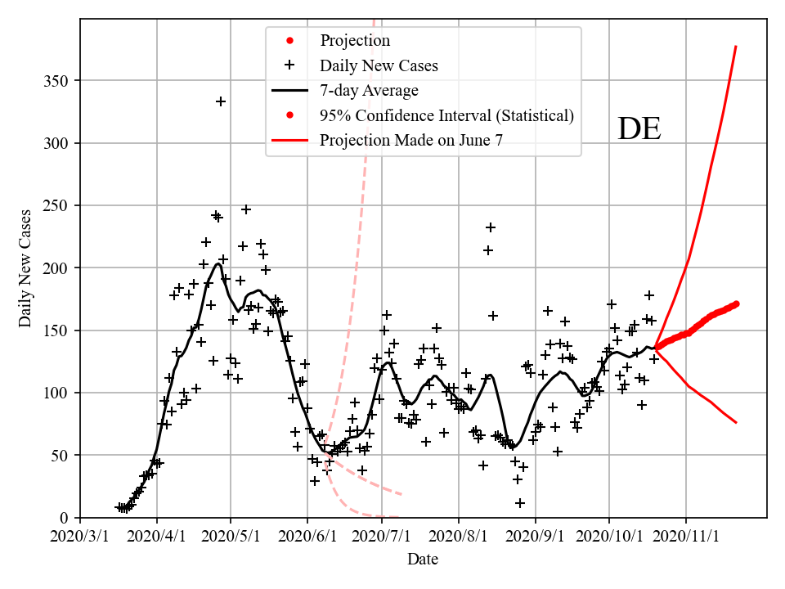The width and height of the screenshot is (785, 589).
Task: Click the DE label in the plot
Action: pyautogui.click(x=639, y=129)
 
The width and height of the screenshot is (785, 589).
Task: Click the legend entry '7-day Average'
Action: pyautogui.click(x=369, y=90)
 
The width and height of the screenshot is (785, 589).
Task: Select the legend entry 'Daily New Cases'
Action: pyautogui.click(x=379, y=65)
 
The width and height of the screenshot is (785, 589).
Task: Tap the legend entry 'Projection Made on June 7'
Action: pyautogui.click(x=410, y=140)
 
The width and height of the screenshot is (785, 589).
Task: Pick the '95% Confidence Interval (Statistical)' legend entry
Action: pyautogui.click(x=446, y=115)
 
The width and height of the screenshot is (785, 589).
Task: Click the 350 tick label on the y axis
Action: pyautogui.click(x=57, y=81)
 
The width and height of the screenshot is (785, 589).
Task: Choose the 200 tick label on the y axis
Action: pyautogui.click(x=57, y=268)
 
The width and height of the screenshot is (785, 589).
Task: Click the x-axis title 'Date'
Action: pyautogui.click(x=423, y=560)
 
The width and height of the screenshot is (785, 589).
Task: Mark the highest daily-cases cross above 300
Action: pyautogui.click(x=221, y=101)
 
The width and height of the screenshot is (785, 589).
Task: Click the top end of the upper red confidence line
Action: pyautogui.click(x=736, y=47)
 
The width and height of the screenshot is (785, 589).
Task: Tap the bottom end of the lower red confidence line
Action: pyautogui.click(x=736, y=422)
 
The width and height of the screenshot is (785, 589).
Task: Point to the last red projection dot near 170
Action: pyautogui.click(x=736, y=303)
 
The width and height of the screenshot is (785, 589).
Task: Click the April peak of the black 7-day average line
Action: pyautogui.click(x=218, y=263)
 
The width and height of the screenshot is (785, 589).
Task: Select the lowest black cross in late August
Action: pyautogui.click(x=520, y=502)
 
